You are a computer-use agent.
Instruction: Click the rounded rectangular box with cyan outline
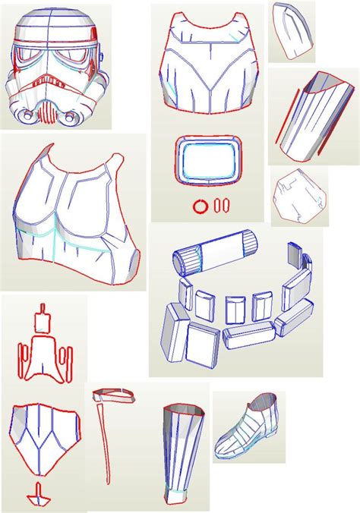207,160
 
